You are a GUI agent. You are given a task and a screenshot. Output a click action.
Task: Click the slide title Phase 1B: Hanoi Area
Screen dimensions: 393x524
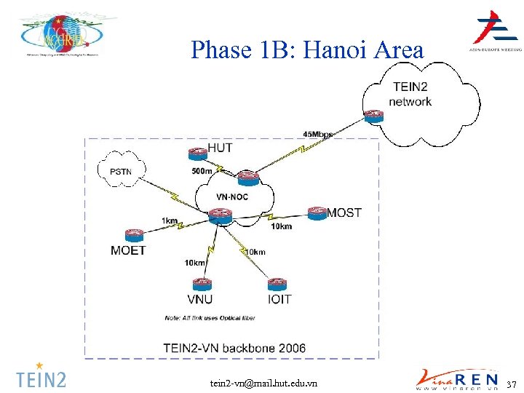(306, 50)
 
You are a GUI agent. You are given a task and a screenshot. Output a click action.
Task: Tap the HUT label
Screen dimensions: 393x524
(221, 148)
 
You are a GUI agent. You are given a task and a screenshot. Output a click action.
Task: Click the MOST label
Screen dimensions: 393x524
(344, 213)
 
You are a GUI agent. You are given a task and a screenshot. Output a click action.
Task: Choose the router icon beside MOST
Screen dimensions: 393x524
(317, 213)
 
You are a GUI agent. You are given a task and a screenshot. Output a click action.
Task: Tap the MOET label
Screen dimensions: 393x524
(129, 250)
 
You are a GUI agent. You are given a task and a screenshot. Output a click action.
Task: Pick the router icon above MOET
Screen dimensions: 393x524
(134, 235)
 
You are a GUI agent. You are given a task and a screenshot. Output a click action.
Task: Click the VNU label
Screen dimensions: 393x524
(200, 299)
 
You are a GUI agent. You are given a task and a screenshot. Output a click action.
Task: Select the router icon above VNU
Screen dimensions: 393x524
(201, 283)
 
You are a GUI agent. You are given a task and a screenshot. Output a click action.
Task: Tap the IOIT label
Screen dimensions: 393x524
(279, 299)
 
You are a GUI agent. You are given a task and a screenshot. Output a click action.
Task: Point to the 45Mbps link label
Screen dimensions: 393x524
(318, 134)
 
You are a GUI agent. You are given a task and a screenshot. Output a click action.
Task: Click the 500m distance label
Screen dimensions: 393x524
(202, 171)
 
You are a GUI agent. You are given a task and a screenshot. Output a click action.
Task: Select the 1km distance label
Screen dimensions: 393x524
(169, 220)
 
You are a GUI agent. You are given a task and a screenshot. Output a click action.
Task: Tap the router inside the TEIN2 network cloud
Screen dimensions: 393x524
(373, 115)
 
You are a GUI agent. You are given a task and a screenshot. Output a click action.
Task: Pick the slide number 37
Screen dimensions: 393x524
(511, 384)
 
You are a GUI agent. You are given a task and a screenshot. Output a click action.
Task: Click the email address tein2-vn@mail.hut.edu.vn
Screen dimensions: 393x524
(263, 383)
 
